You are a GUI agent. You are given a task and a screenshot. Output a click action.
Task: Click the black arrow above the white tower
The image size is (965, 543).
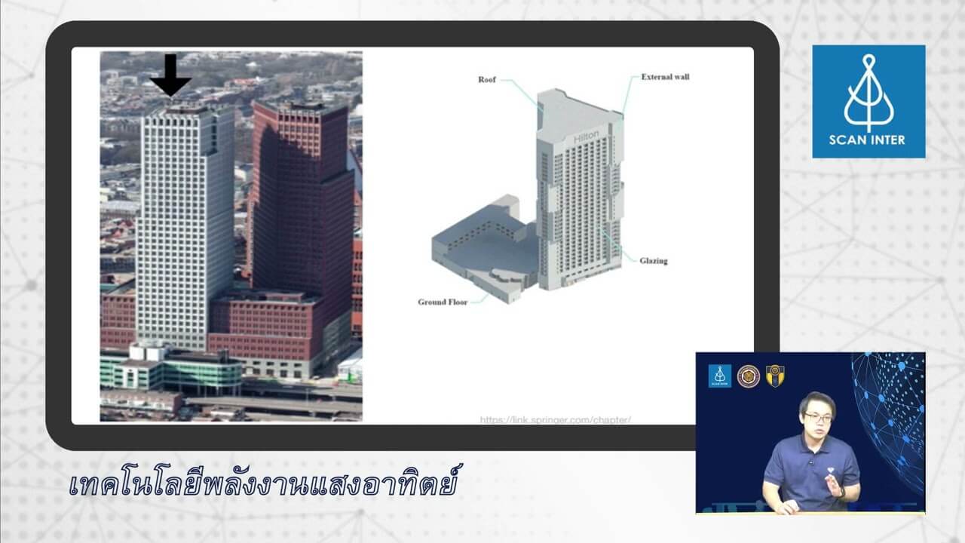coord(170,75)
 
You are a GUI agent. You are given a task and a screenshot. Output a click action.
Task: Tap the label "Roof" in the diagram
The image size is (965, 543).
coord(487,80)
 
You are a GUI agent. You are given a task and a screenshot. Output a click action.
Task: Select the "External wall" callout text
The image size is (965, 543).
coord(665,77)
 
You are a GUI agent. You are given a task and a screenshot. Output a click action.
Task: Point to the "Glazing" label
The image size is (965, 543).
coord(653,261)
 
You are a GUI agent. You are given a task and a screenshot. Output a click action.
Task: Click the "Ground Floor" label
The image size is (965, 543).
coord(443,302)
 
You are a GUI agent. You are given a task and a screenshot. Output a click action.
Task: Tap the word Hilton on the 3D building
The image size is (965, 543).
coord(586,137)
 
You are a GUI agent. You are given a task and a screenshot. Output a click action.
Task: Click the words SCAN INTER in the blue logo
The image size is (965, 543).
coord(868,140)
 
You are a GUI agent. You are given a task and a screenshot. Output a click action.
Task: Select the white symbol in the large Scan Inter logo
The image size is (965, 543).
coord(868,92)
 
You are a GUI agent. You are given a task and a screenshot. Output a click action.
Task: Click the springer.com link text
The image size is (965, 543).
coord(555,419)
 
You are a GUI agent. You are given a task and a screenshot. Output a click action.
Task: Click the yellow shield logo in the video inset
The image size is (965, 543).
coord(775,376)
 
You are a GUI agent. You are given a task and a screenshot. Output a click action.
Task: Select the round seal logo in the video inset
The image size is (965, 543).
coord(748,376)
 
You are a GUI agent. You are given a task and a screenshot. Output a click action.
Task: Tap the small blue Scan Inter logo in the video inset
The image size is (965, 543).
coord(719,376)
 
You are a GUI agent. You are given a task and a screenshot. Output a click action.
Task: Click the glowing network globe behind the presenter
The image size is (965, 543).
coord(893,407)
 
